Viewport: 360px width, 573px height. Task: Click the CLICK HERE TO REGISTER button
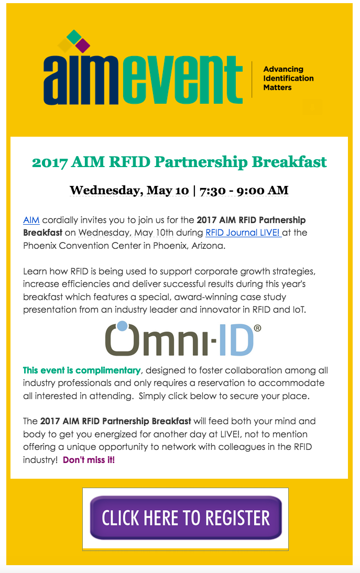tap(186, 517)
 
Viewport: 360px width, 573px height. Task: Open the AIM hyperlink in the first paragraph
tap(31, 220)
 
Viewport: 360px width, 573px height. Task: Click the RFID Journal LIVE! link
tap(243, 233)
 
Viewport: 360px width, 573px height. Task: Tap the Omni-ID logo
tap(183, 338)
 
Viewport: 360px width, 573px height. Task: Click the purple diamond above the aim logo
tap(83, 46)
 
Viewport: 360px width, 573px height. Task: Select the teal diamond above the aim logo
tap(74, 37)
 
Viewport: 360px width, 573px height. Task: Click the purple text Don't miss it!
tap(89, 460)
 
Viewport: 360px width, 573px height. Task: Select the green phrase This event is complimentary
tap(82, 370)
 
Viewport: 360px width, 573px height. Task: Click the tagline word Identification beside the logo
tap(288, 78)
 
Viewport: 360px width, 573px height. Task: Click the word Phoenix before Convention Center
tap(40, 246)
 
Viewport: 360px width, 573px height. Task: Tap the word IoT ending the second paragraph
tap(299, 310)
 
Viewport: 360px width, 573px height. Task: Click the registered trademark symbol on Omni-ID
tap(257, 328)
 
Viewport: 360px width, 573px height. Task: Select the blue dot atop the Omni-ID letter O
tap(123, 326)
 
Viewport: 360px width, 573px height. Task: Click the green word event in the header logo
tap(182, 80)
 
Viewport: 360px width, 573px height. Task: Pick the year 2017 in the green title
tap(49, 162)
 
